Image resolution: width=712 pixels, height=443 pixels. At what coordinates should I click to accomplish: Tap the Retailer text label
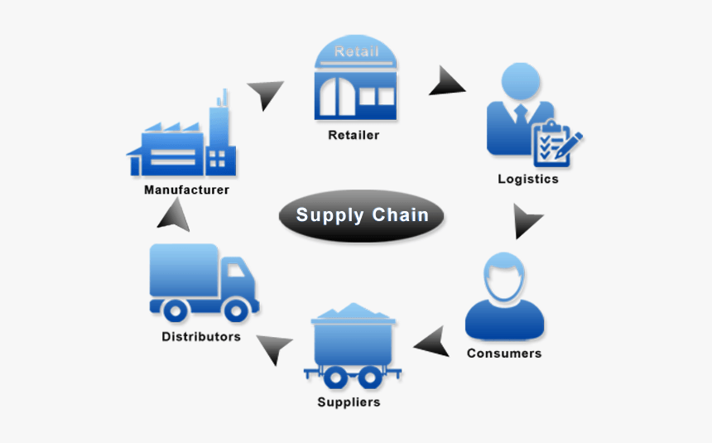(354, 135)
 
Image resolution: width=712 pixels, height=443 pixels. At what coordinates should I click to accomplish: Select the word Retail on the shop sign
(356, 52)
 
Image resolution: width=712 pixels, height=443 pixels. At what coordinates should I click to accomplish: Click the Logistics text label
(527, 179)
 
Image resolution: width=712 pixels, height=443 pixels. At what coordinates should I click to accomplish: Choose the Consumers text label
(503, 354)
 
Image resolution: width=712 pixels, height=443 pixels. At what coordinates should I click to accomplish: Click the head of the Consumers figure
(504, 277)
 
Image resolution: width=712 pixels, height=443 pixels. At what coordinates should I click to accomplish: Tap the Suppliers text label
(349, 402)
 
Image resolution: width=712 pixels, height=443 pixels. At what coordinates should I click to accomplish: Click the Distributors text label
(201, 337)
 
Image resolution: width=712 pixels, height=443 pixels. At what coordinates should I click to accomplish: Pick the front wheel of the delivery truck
(236, 310)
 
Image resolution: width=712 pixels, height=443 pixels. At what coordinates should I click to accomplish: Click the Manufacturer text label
(186, 190)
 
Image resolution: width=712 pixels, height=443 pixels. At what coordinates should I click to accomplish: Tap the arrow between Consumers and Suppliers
(432, 340)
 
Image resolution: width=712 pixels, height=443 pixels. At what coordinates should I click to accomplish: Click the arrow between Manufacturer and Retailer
(267, 94)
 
